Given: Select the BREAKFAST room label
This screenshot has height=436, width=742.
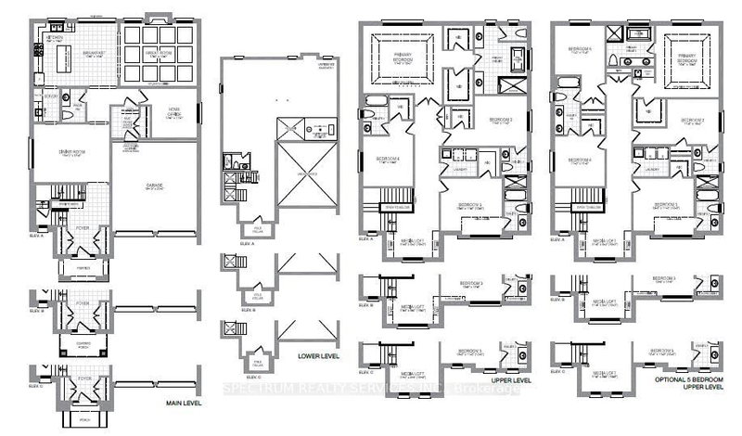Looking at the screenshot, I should [x=89, y=52].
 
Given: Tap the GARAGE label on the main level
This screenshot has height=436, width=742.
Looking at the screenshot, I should [x=154, y=186].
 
